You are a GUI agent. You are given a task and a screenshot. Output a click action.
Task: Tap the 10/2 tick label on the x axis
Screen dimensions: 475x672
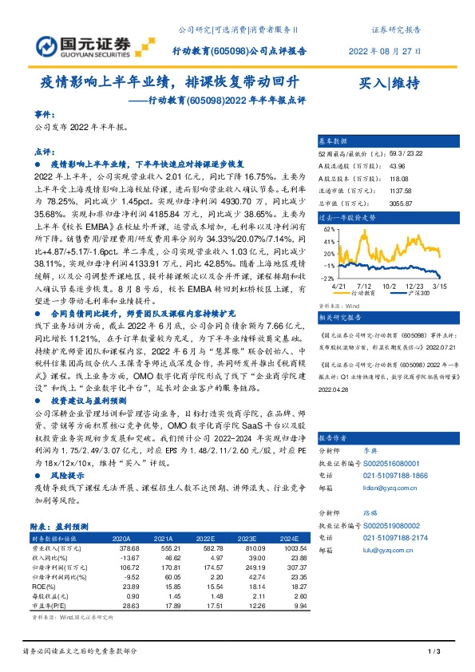[390, 285]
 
